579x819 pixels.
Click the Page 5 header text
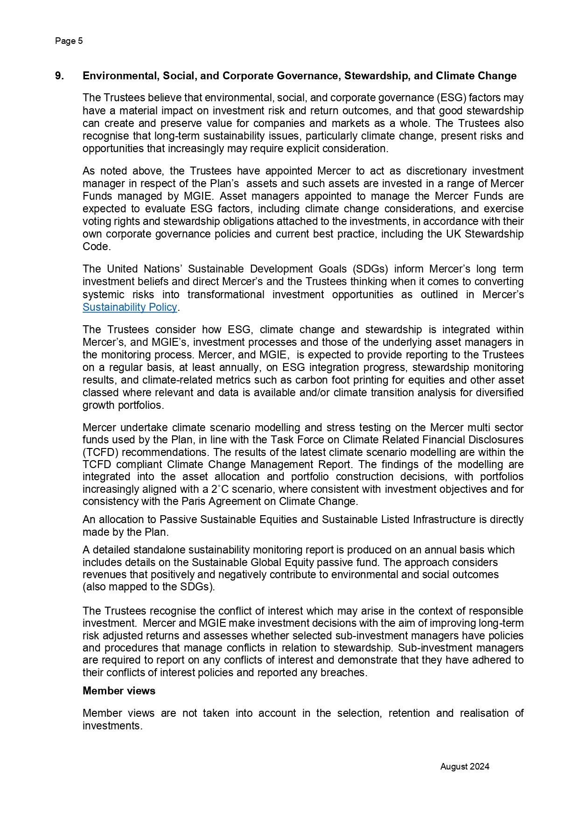(69, 41)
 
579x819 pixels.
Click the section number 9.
(59, 76)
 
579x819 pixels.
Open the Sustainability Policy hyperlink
(130, 307)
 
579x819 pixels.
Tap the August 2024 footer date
(465, 766)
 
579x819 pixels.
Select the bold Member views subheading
(119, 691)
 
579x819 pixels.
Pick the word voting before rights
(96, 221)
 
